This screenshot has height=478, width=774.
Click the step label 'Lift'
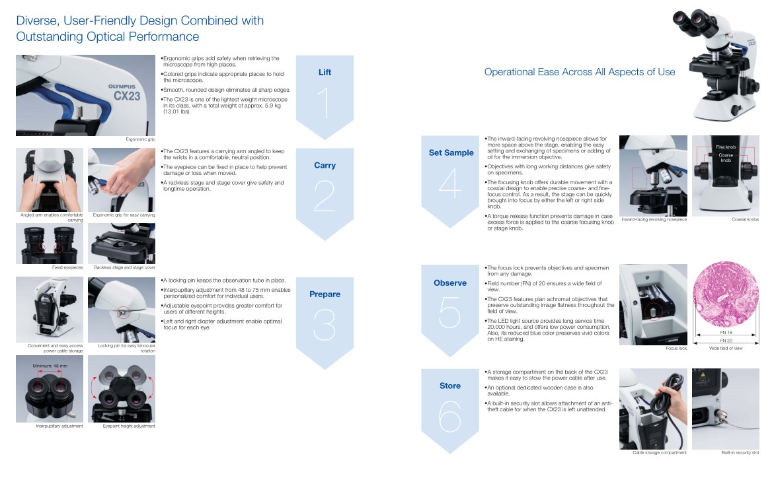point(325,73)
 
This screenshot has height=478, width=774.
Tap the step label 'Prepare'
point(325,294)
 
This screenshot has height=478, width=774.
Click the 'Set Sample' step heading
point(451,153)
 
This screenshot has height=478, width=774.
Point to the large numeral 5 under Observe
point(449,312)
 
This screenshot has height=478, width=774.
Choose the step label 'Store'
point(450,386)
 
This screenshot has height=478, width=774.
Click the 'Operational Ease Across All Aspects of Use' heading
point(580,72)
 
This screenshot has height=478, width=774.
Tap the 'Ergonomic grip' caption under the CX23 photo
point(141,140)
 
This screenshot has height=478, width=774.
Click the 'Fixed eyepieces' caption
point(67,267)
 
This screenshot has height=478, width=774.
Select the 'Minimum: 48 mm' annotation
point(50,365)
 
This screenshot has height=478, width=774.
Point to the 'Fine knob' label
point(725,147)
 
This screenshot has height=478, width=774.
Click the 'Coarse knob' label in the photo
point(726,158)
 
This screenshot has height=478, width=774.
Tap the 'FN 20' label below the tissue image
point(726,341)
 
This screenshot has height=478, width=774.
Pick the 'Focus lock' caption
point(676,348)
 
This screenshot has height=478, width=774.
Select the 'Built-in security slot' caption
point(740,453)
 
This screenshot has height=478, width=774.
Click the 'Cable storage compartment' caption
point(660,453)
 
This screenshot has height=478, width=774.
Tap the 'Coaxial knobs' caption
point(745,219)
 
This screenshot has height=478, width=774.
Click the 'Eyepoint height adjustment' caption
point(129,426)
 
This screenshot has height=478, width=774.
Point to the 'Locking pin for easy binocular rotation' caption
point(126,348)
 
